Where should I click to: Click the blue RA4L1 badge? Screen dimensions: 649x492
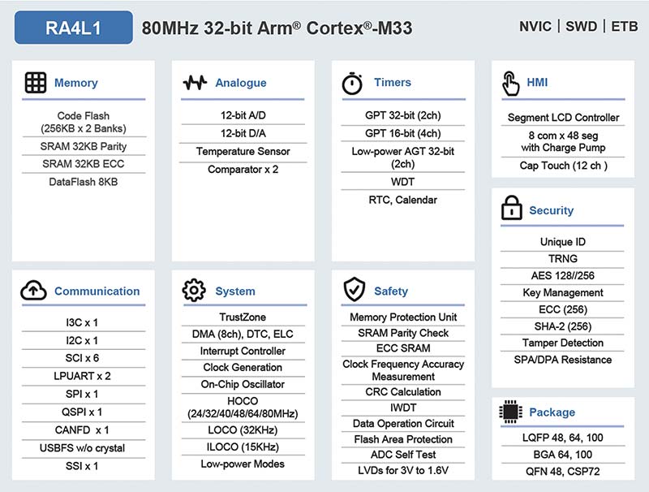point(74,28)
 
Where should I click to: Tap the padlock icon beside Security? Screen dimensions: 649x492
point(512,208)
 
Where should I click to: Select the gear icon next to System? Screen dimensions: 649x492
point(194,291)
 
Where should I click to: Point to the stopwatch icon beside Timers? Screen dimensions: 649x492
point(352,84)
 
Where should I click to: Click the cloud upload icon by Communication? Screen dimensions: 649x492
point(33,290)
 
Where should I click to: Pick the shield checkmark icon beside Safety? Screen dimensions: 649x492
point(355,289)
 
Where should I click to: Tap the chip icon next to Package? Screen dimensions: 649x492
point(511,412)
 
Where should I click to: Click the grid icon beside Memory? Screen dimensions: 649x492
point(36,83)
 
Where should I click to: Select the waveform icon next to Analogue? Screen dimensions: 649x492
point(195,83)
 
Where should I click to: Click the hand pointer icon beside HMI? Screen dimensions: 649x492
point(511,84)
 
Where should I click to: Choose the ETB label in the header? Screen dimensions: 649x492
point(625,27)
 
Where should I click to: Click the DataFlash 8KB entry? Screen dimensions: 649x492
point(84,182)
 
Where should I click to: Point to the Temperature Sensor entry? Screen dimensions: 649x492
point(243,151)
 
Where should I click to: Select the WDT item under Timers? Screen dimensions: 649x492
point(402,182)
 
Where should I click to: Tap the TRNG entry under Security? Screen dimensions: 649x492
point(562,258)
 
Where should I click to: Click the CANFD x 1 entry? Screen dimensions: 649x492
point(82,429)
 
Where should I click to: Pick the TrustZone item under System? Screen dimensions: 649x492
point(243,317)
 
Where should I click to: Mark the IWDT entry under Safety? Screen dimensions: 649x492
point(403,408)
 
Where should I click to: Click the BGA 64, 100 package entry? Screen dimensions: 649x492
point(562,455)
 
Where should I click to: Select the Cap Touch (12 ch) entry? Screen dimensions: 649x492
point(563,166)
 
